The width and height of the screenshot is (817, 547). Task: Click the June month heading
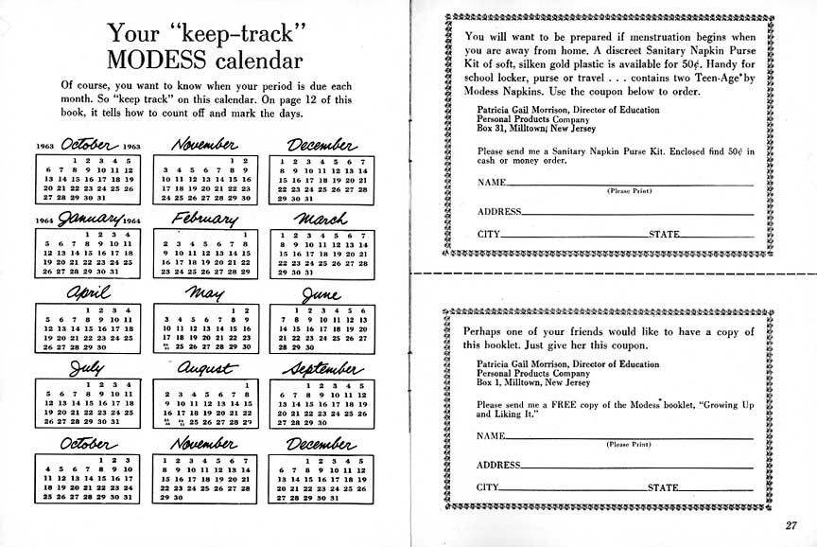pyautogui.click(x=322, y=293)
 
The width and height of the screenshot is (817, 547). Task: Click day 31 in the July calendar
pyautogui.click(x=116, y=422)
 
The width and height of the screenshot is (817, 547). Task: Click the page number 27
pyautogui.click(x=791, y=527)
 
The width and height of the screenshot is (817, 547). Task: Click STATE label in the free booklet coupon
pyautogui.click(x=663, y=488)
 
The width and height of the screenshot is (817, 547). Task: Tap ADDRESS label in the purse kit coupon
pyautogui.click(x=498, y=212)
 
